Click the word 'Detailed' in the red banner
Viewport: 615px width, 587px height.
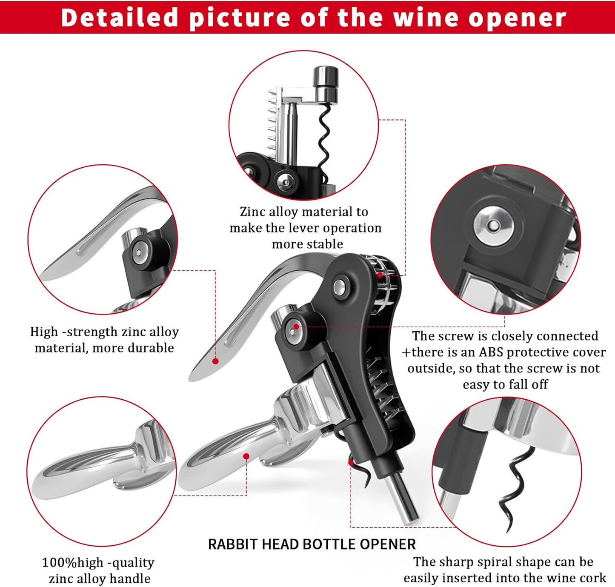click(119, 17)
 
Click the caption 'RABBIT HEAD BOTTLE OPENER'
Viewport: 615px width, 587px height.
click(312, 544)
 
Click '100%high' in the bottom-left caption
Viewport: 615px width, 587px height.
click(72, 563)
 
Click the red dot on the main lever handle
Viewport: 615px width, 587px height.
click(215, 361)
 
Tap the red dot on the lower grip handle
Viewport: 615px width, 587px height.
click(246, 456)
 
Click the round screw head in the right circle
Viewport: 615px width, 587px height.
click(494, 226)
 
